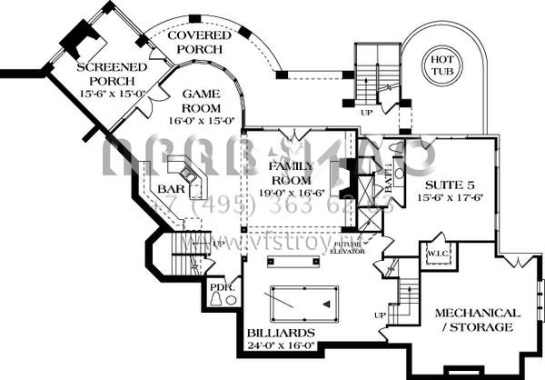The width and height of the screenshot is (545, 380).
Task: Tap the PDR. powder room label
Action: coord(221,292)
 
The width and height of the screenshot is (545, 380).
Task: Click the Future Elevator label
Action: coord(349,248)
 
